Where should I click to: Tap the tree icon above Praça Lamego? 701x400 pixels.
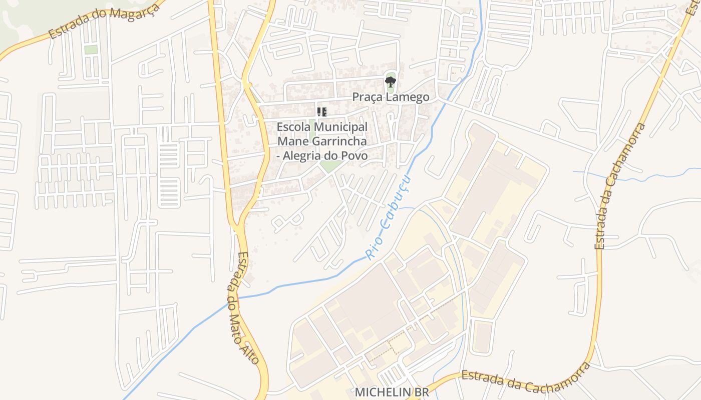(390, 81)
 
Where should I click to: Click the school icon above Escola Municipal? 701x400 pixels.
(321, 112)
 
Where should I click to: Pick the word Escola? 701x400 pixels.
(293, 127)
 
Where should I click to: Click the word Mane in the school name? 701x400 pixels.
(290, 141)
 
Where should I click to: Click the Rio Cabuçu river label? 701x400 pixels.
(389, 217)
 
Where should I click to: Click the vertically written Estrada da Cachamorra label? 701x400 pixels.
(619, 186)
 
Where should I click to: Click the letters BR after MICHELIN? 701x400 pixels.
(422, 392)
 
